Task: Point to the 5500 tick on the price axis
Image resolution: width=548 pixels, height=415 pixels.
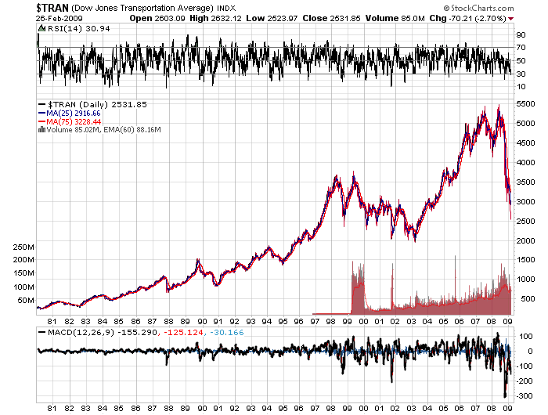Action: (x=525, y=105)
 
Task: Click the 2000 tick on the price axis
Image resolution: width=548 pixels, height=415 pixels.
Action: (x=525, y=240)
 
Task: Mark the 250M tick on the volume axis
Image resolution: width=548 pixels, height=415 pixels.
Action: (x=26, y=247)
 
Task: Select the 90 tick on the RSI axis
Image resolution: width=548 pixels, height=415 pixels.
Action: (x=520, y=35)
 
